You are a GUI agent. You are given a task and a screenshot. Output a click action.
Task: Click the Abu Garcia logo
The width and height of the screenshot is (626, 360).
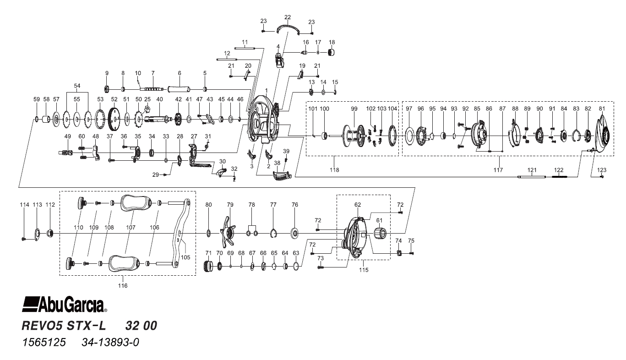coord(65,303)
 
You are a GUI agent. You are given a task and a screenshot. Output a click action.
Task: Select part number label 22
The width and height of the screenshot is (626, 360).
coord(288,17)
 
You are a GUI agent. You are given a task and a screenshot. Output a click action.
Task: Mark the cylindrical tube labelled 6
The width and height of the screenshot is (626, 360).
coord(180,89)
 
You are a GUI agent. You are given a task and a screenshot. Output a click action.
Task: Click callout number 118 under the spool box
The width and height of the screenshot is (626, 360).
coord(334,170)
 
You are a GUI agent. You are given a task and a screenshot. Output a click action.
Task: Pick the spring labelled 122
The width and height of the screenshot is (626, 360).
coord(559,176)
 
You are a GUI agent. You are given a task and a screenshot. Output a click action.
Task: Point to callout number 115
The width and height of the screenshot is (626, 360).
coord(364,270)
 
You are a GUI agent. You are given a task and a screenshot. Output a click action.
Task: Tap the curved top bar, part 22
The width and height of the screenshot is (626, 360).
coord(288,28)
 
